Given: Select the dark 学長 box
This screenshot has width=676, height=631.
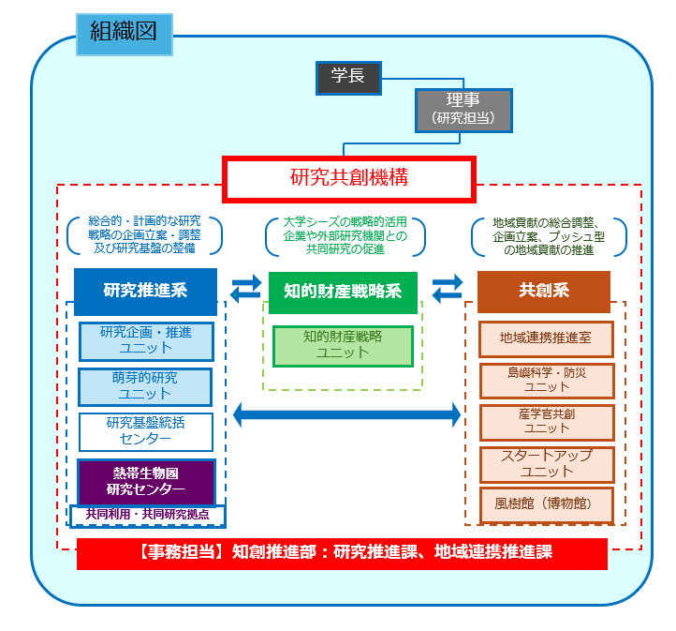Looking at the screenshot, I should tap(348, 78).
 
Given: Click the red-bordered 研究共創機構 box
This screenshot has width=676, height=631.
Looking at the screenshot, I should tap(349, 177).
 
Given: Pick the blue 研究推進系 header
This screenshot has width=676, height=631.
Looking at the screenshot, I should tap(145, 291).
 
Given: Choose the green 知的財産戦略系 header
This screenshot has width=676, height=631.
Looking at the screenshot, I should tap(343, 291).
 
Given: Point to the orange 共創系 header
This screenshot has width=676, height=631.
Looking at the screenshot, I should tap(543, 291).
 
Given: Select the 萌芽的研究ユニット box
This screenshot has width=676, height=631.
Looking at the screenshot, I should tap(144, 386).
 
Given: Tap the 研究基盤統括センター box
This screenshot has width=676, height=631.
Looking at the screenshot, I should tap(145, 431).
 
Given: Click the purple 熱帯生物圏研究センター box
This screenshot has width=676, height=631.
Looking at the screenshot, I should tap(145, 481).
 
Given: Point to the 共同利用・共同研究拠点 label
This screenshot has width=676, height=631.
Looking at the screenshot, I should tap(147, 515).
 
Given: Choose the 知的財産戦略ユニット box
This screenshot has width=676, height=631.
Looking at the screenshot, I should tap(342, 345).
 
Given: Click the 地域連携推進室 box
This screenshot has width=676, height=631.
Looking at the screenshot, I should tap(546, 338).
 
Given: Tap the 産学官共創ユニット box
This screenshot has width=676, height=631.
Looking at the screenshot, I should tap(546, 421).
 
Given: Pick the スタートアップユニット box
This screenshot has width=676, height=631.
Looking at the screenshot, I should tap(546, 463).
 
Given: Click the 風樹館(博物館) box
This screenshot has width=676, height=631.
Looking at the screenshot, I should tap(546, 503).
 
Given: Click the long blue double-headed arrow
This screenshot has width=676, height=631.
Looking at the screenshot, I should tap(346, 413).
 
